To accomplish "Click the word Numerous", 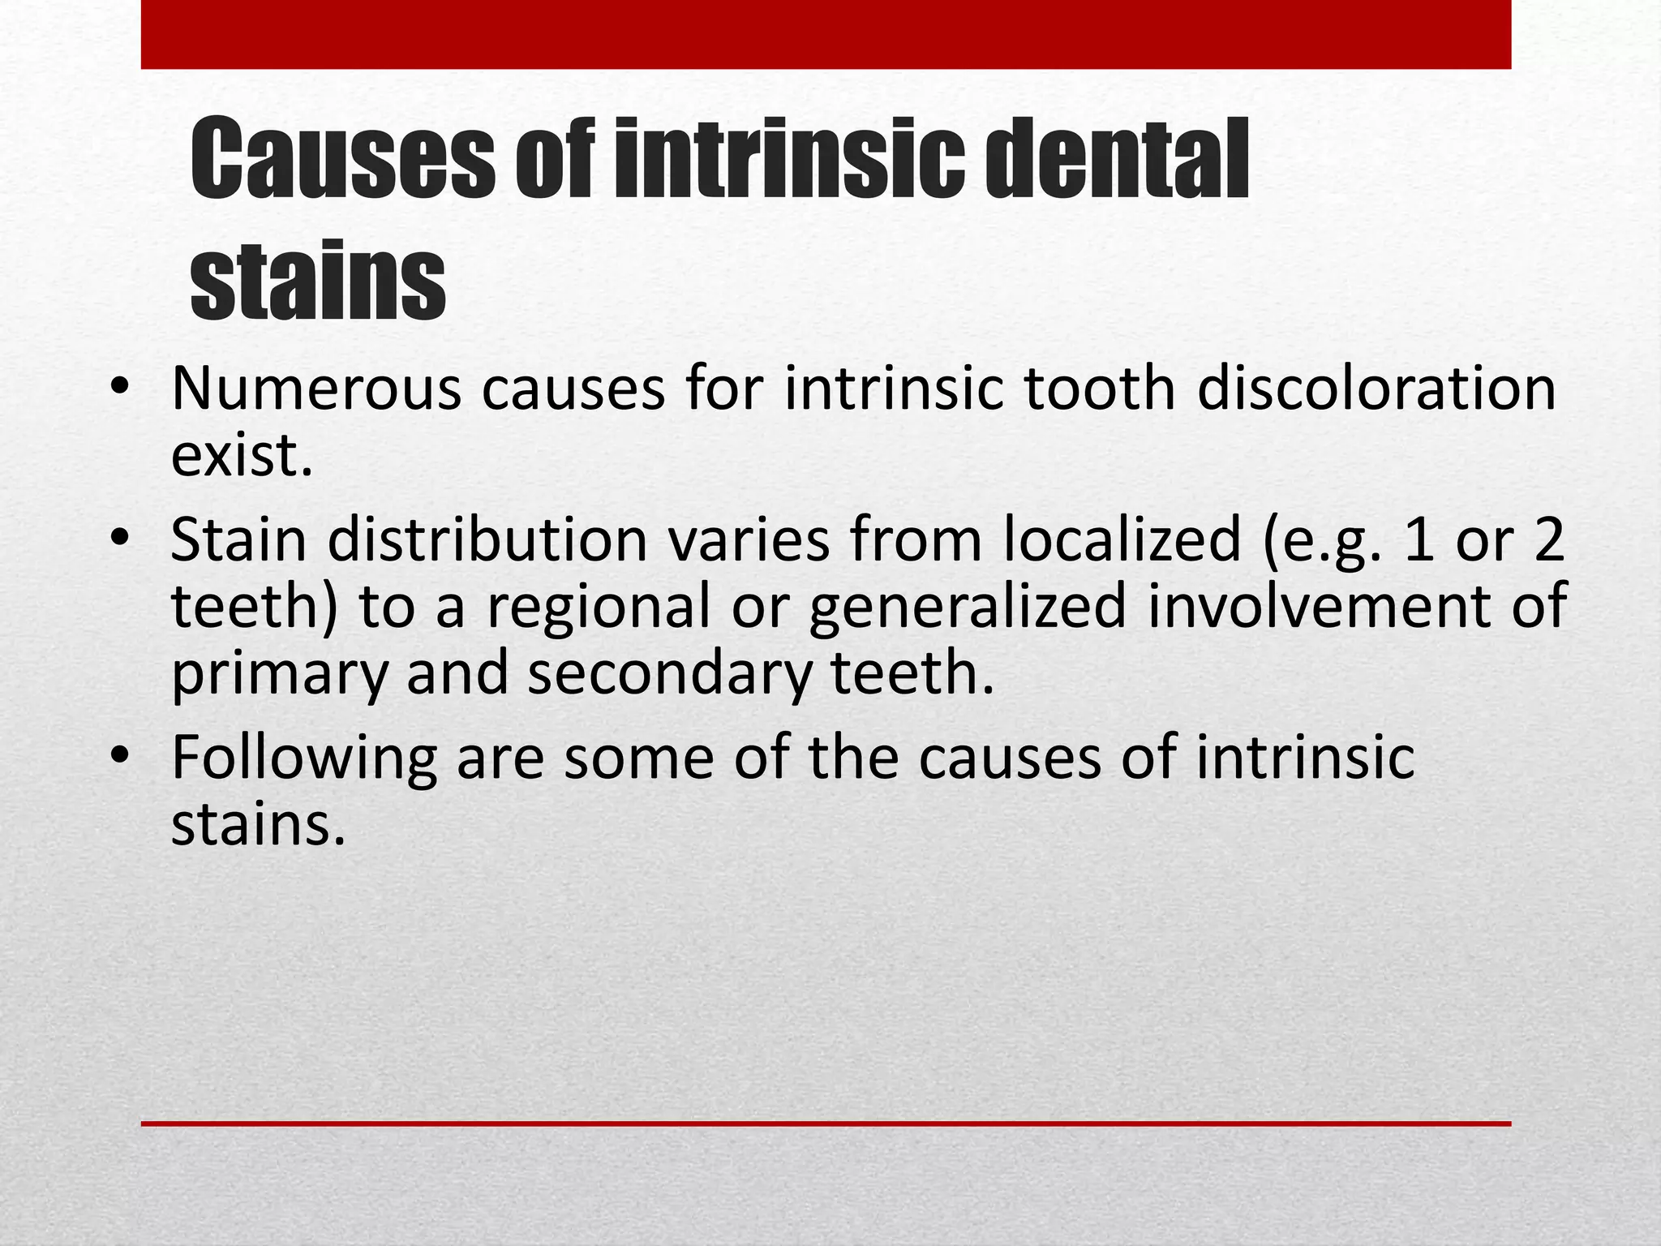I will click(315, 389).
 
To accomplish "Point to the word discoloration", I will click(1376, 389).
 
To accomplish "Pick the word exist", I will click(242, 456).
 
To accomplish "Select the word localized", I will click(1122, 540).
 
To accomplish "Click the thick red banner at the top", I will click(826, 34).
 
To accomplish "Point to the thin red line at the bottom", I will click(826, 1124).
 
